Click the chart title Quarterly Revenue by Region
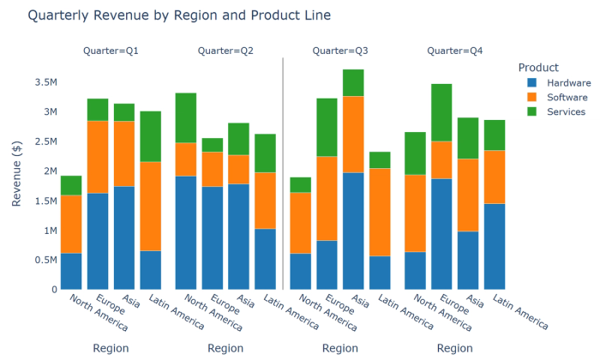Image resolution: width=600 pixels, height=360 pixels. [x=167, y=15]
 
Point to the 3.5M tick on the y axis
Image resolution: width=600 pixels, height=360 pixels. [x=45, y=82]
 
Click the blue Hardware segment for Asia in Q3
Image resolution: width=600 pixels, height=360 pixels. [x=353, y=231]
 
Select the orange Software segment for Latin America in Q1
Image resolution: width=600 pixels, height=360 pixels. [x=151, y=206]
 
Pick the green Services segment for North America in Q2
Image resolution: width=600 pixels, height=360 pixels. [x=186, y=117]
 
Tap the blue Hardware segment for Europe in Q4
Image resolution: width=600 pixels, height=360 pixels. [x=441, y=233]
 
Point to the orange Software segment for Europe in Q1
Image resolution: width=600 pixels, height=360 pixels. [x=98, y=157]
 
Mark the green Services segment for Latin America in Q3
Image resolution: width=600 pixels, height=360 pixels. [x=380, y=159]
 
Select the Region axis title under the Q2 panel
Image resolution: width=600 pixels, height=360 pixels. [x=225, y=349]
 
